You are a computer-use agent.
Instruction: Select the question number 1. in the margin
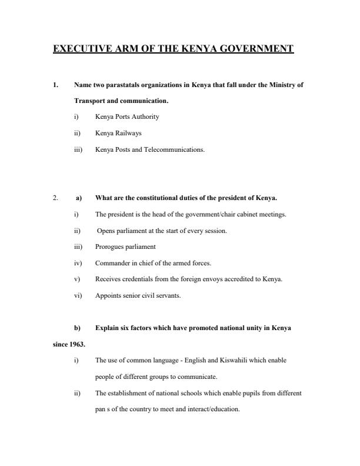[55, 85]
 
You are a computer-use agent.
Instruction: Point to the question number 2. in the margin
[55, 198]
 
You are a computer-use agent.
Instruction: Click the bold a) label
[78, 198]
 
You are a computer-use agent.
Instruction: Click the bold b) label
[78, 327]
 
